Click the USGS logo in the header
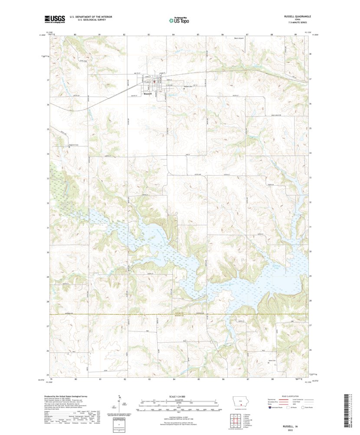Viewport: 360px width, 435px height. [54, 19]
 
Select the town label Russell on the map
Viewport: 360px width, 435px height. [147, 93]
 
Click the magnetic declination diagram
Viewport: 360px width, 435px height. [120, 402]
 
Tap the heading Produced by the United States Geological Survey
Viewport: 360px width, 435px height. [68, 396]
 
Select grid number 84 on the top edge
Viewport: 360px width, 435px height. [173, 34]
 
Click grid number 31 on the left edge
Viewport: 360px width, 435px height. [48, 227]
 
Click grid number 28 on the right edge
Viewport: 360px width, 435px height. [310, 300]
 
